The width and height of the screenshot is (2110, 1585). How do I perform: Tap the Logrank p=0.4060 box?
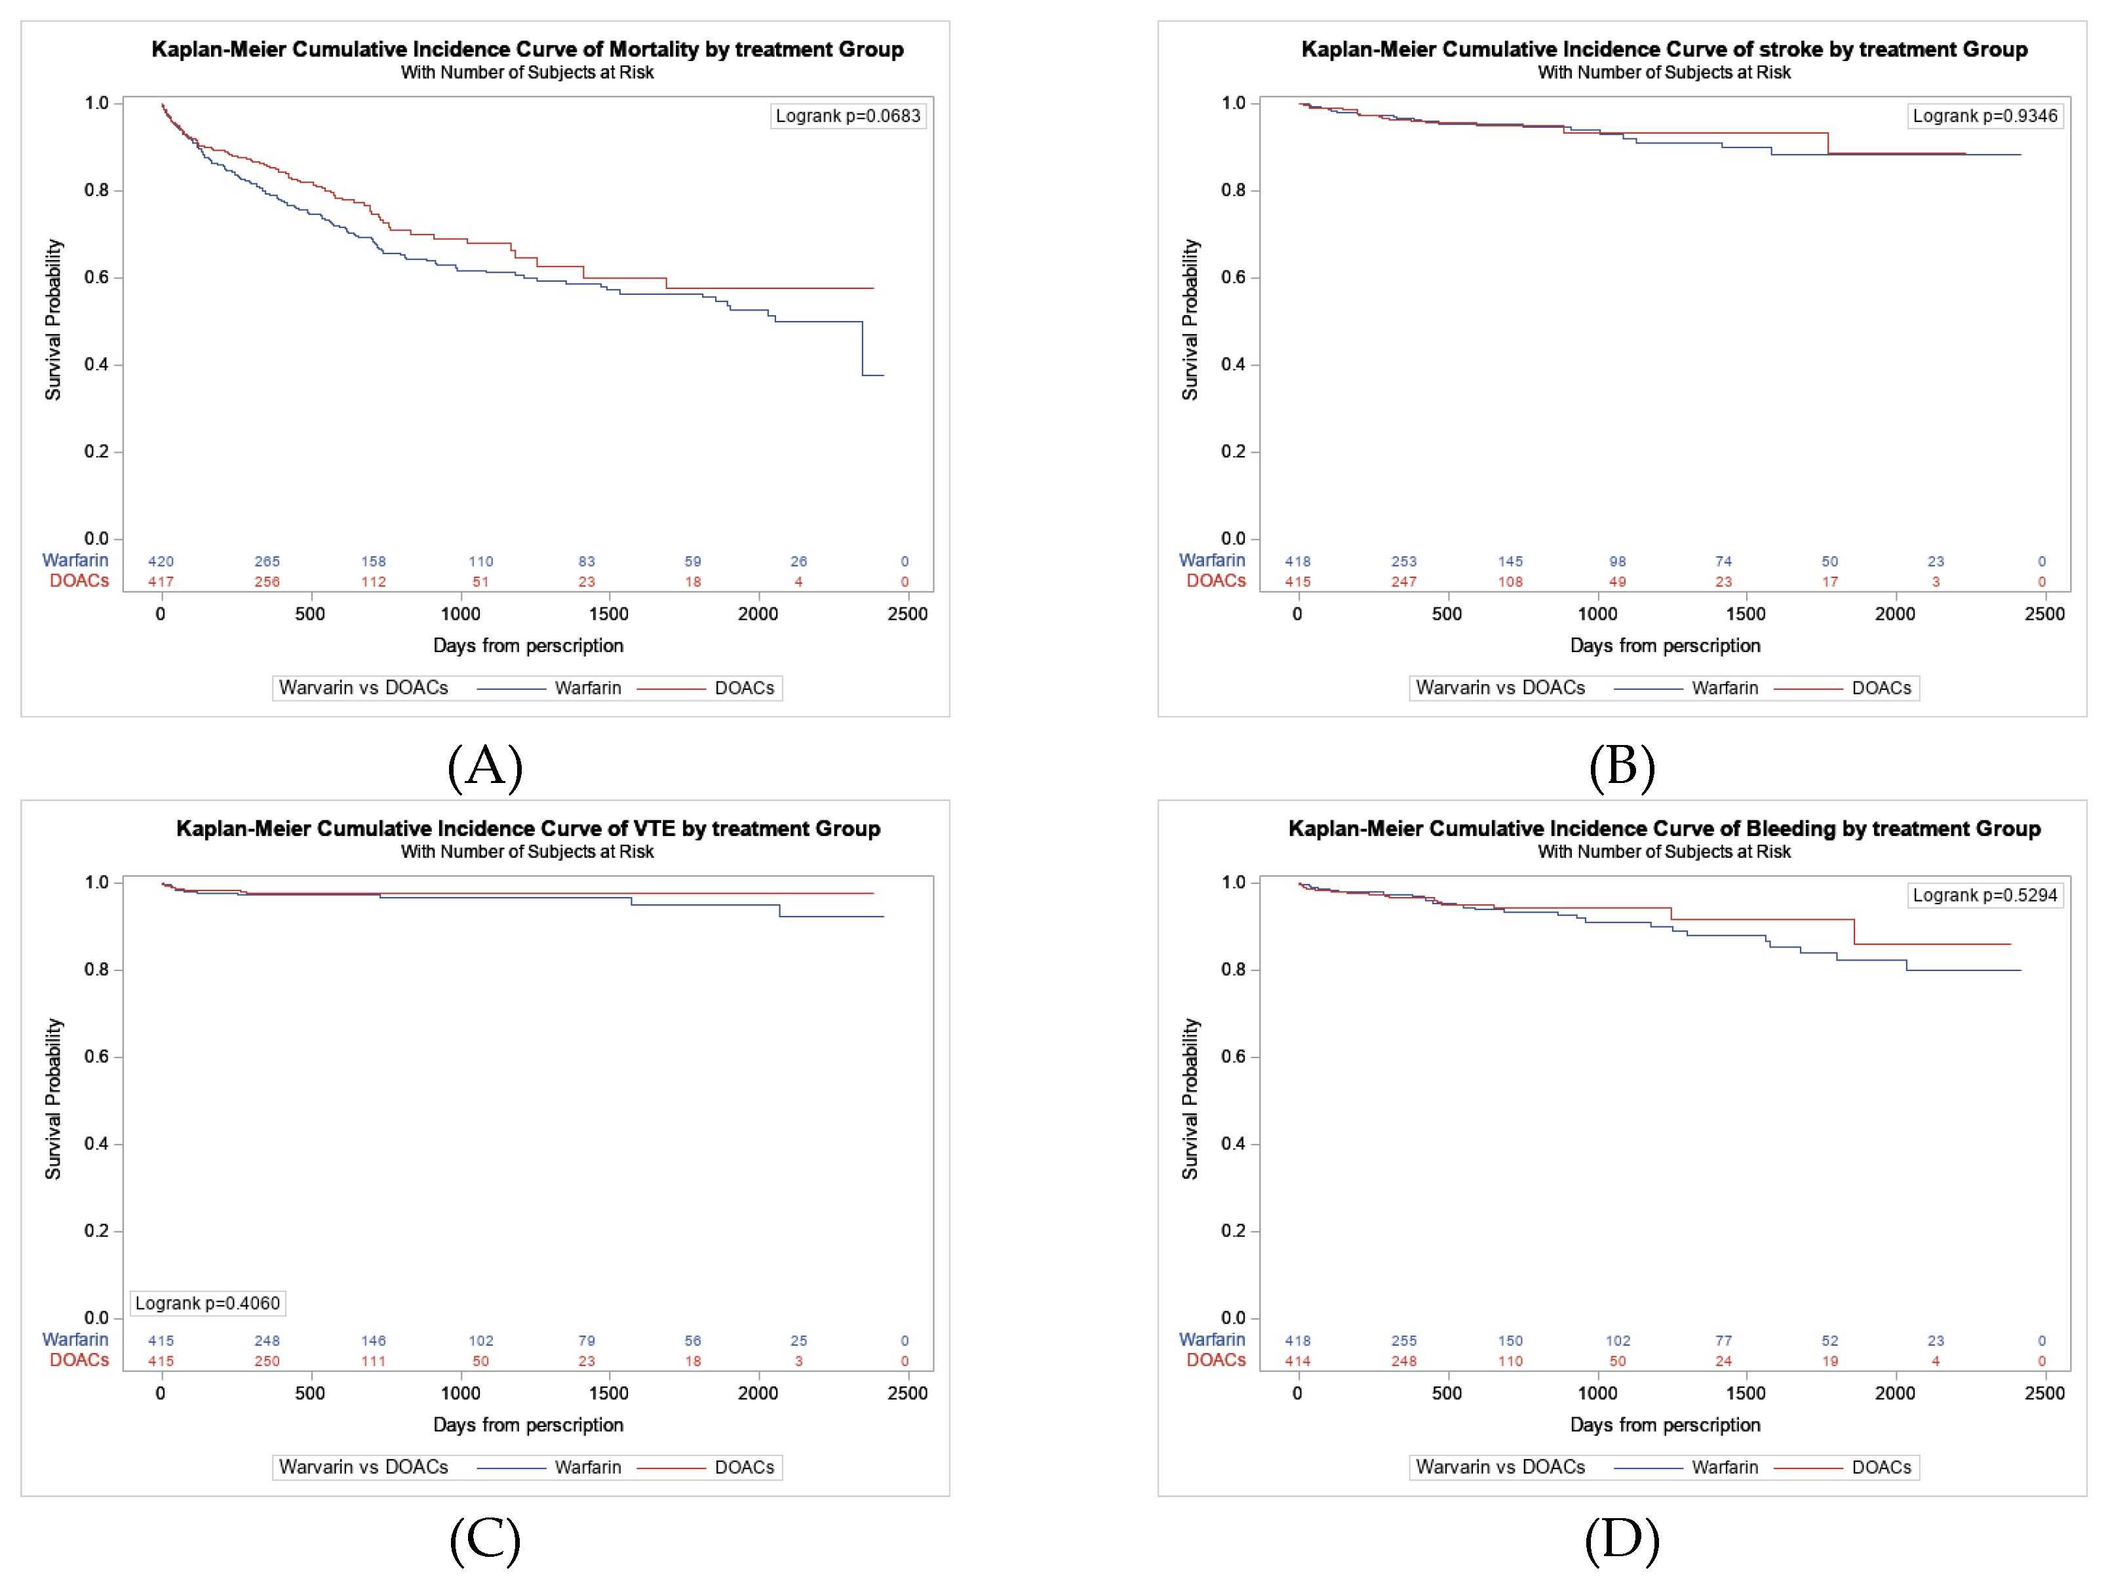click(207, 1303)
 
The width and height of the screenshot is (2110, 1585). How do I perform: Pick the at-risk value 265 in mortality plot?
click(267, 562)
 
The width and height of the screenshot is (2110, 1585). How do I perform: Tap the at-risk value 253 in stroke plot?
click(1403, 562)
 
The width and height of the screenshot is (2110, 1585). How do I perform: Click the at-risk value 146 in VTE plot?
click(373, 1341)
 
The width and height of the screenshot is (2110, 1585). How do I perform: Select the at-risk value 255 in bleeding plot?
click(1403, 1341)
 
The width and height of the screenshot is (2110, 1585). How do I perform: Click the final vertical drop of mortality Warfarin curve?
click(863, 349)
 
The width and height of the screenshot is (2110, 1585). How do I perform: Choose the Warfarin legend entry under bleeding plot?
click(1724, 1468)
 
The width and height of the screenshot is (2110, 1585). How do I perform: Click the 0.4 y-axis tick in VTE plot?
click(96, 1143)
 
